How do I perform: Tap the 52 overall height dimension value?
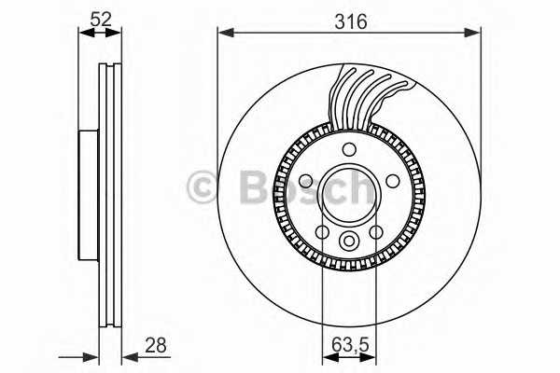click(x=100, y=17)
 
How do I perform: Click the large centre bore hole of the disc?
click(x=349, y=193)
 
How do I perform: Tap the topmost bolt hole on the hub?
click(x=349, y=150)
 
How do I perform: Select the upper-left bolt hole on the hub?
click(x=307, y=180)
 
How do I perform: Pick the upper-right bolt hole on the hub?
click(x=392, y=180)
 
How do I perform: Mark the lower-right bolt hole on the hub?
click(x=376, y=231)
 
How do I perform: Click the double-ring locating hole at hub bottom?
click(x=349, y=242)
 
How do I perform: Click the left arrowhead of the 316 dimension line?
click(x=224, y=35)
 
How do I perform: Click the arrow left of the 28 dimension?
click(x=90, y=355)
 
